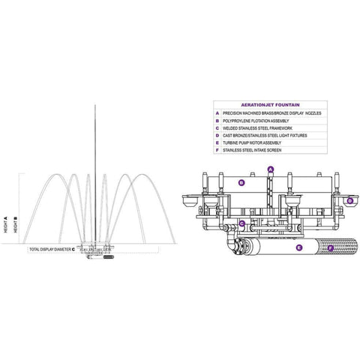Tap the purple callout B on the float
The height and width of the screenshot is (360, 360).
(x=241, y=182)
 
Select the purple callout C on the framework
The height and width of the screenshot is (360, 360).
(x=242, y=223)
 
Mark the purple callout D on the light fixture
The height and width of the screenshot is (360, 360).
(x=349, y=200)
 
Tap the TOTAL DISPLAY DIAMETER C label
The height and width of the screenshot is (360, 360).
(x=52, y=248)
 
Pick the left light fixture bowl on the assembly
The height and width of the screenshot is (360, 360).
(x=187, y=200)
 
